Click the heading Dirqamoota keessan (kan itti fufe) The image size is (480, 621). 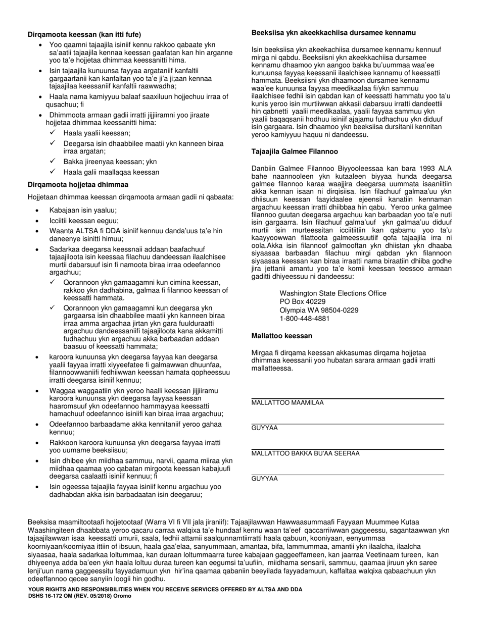pyautogui.click(x=84, y=34)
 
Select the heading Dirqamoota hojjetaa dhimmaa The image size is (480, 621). pyautogui.click(x=78, y=185)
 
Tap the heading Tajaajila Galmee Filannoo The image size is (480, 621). pyautogui.click(x=295, y=151)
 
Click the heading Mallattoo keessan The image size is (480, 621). pyautogui.click(x=281, y=336)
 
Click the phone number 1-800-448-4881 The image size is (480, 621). pyautogui.click(x=305, y=319)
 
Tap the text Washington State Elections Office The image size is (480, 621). pyautogui.click(x=333, y=293)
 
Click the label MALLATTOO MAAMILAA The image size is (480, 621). pyautogui.click(x=287, y=403)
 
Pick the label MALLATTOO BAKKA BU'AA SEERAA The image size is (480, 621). pyautogui.click(x=306, y=453)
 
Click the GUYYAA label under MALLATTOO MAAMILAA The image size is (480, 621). pyautogui.click(x=265, y=428)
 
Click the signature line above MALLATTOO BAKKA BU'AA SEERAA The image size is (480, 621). pyautogui.click(x=348, y=449)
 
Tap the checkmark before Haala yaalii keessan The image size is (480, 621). pyautogui.click(x=53, y=133)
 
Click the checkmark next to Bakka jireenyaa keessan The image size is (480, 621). pyautogui.click(x=53, y=162)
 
